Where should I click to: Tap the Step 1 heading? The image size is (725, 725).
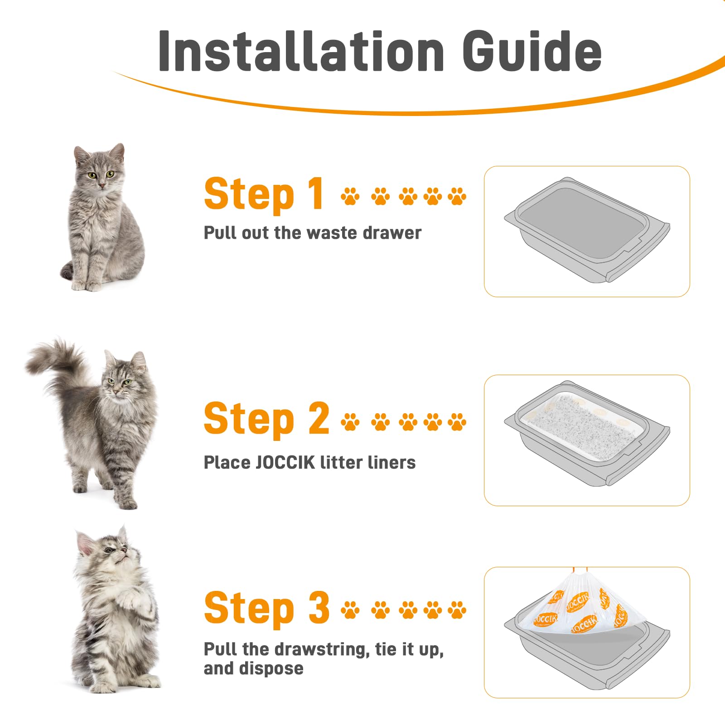pos(263,194)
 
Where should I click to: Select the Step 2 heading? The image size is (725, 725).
pos(266,419)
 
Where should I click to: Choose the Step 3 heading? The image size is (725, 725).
pos(266,608)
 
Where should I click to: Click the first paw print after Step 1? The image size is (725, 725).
pos(350,197)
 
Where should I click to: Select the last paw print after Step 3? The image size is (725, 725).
pos(457,610)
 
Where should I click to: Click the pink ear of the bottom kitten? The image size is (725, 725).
pos(86,543)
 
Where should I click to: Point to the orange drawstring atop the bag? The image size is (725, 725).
pos(580,570)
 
